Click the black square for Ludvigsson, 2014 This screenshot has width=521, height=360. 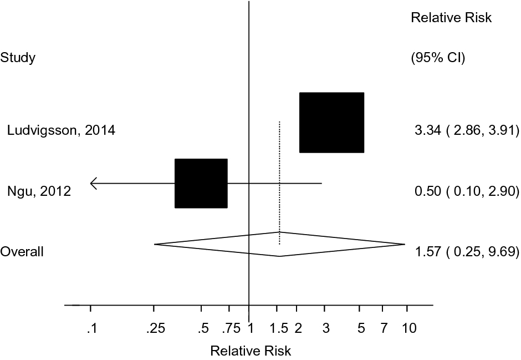point(331,123)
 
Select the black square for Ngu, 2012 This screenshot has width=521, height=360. point(201,183)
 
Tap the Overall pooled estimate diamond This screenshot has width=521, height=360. point(279,244)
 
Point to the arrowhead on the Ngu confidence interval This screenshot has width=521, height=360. point(93,183)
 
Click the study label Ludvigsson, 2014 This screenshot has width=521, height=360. point(61,131)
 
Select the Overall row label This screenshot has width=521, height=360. point(22,252)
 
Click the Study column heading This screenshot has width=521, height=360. point(18,58)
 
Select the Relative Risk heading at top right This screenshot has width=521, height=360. point(451,18)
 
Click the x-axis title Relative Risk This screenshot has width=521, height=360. point(251,351)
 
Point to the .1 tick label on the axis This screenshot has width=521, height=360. point(91,329)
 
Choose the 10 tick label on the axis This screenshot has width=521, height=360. point(409,329)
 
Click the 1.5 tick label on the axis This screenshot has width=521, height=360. point(279,329)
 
